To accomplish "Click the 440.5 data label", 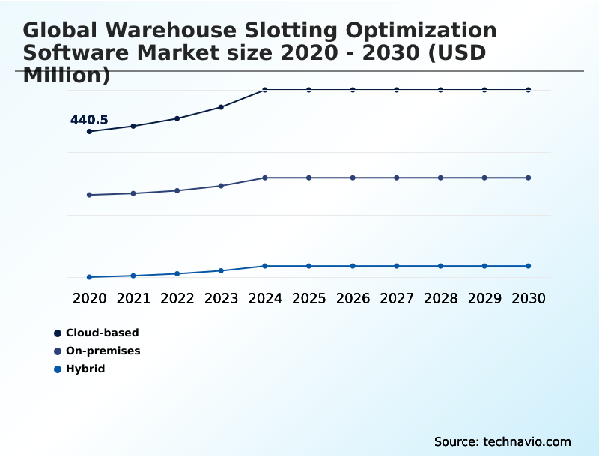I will point(89,120).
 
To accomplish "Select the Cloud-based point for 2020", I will point(89,131).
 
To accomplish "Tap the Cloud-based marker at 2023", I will point(221,107).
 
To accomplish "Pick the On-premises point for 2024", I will point(265,178).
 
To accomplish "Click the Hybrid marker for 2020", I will point(89,277).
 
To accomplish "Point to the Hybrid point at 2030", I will point(529,266).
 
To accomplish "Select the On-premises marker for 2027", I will point(397,178).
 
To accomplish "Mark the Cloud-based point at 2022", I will point(177,118).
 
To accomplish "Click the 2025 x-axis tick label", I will point(308,298).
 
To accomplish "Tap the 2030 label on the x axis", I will point(529,298).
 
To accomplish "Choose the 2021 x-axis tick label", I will point(133,298).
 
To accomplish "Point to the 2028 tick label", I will point(440,298).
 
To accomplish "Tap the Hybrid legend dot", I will point(58,369).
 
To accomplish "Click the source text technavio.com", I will point(527,441).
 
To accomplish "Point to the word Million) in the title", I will point(67,75).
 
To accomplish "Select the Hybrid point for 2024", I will point(265,266).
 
